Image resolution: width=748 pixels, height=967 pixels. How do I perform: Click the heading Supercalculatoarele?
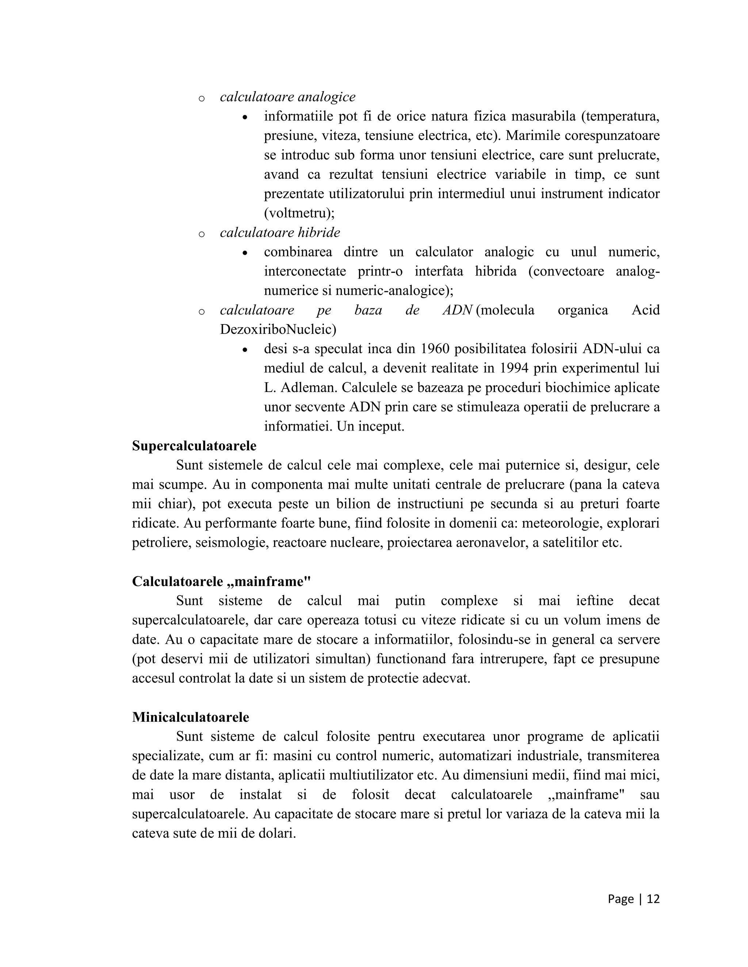(x=194, y=446)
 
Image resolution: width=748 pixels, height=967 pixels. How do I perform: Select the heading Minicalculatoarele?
(x=191, y=717)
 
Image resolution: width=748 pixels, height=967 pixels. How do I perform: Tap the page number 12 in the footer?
(x=653, y=899)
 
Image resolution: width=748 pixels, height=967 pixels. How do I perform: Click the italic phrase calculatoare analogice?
(x=287, y=97)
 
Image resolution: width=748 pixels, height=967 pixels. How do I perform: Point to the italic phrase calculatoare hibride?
(x=280, y=232)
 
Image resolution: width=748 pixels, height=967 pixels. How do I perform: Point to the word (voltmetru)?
(x=299, y=213)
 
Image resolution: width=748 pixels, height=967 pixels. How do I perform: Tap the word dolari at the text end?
(x=278, y=833)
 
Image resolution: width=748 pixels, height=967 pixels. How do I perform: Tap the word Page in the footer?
(x=621, y=899)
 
